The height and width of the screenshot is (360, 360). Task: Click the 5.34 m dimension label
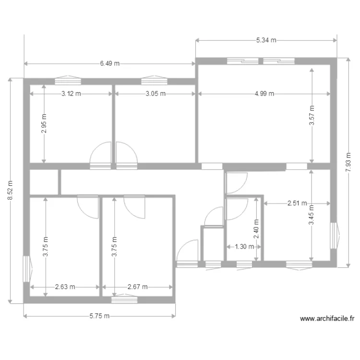click(x=266, y=40)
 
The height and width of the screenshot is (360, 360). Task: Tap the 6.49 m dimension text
click(x=110, y=63)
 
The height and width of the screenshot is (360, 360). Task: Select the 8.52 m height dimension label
click(x=11, y=190)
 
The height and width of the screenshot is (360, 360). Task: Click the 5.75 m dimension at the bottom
click(x=99, y=316)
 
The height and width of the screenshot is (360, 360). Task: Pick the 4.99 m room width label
click(x=264, y=94)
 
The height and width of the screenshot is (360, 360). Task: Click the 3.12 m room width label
click(x=71, y=94)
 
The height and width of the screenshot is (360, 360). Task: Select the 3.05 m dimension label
click(x=156, y=94)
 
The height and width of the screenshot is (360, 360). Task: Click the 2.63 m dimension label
click(x=65, y=287)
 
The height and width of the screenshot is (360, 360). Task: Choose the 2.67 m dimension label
click(x=137, y=287)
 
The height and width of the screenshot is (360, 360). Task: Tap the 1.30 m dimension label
click(x=244, y=247)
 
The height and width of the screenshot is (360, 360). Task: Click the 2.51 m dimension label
click(x=297, y=203)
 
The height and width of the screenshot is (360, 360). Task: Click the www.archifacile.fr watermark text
click(x=327, y=318)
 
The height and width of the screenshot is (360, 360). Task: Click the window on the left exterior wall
click(x=27, y=268)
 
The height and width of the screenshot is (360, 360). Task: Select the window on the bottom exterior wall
click(x=124, y=300)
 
